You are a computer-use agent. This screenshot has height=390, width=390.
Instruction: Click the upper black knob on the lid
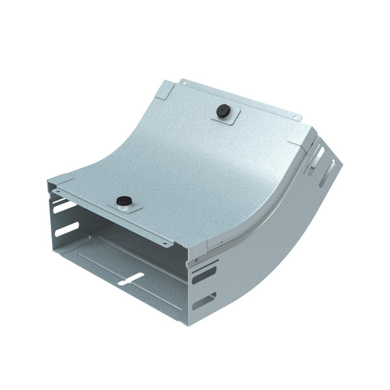tap(224, 111)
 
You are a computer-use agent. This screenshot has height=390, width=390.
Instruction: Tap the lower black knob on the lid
tap(122, 201)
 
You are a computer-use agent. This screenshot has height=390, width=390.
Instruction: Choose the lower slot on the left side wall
tap(66, 229)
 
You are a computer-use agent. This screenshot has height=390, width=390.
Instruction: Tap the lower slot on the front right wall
tap(204, 301)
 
